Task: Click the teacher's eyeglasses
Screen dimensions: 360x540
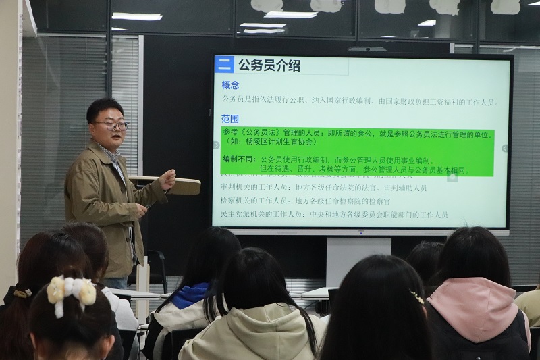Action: (x=111, y=125)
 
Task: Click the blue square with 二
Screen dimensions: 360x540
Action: (x=224, y=65)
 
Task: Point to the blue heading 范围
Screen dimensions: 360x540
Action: (x=230, y=119)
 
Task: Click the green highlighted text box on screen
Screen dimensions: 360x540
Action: (x=358, y=152)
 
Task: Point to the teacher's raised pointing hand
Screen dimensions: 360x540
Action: (x=166, y=179)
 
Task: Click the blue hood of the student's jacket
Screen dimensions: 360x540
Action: (x=191, y=294)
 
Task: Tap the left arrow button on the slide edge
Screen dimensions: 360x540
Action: (x=216, y=145)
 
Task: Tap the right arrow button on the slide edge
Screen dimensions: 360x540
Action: (x=504, y=148)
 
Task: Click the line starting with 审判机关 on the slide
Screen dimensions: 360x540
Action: (x=323, y=188)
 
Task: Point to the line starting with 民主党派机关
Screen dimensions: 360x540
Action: (x=333, y=215)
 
